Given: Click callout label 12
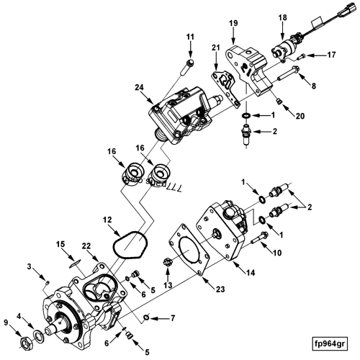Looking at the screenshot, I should (x=106, y=219).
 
